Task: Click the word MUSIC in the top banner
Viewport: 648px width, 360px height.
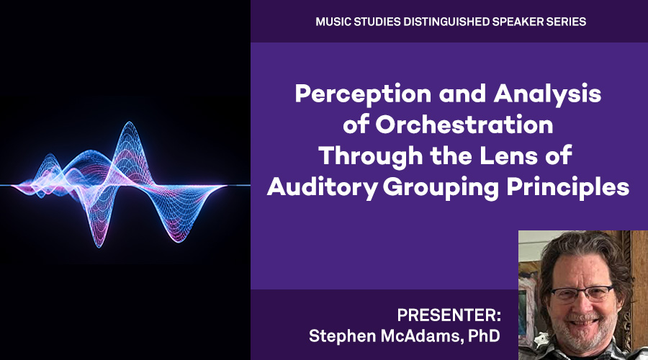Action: [x=333, y=22]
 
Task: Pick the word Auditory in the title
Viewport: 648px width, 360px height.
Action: [x=322, y=186]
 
